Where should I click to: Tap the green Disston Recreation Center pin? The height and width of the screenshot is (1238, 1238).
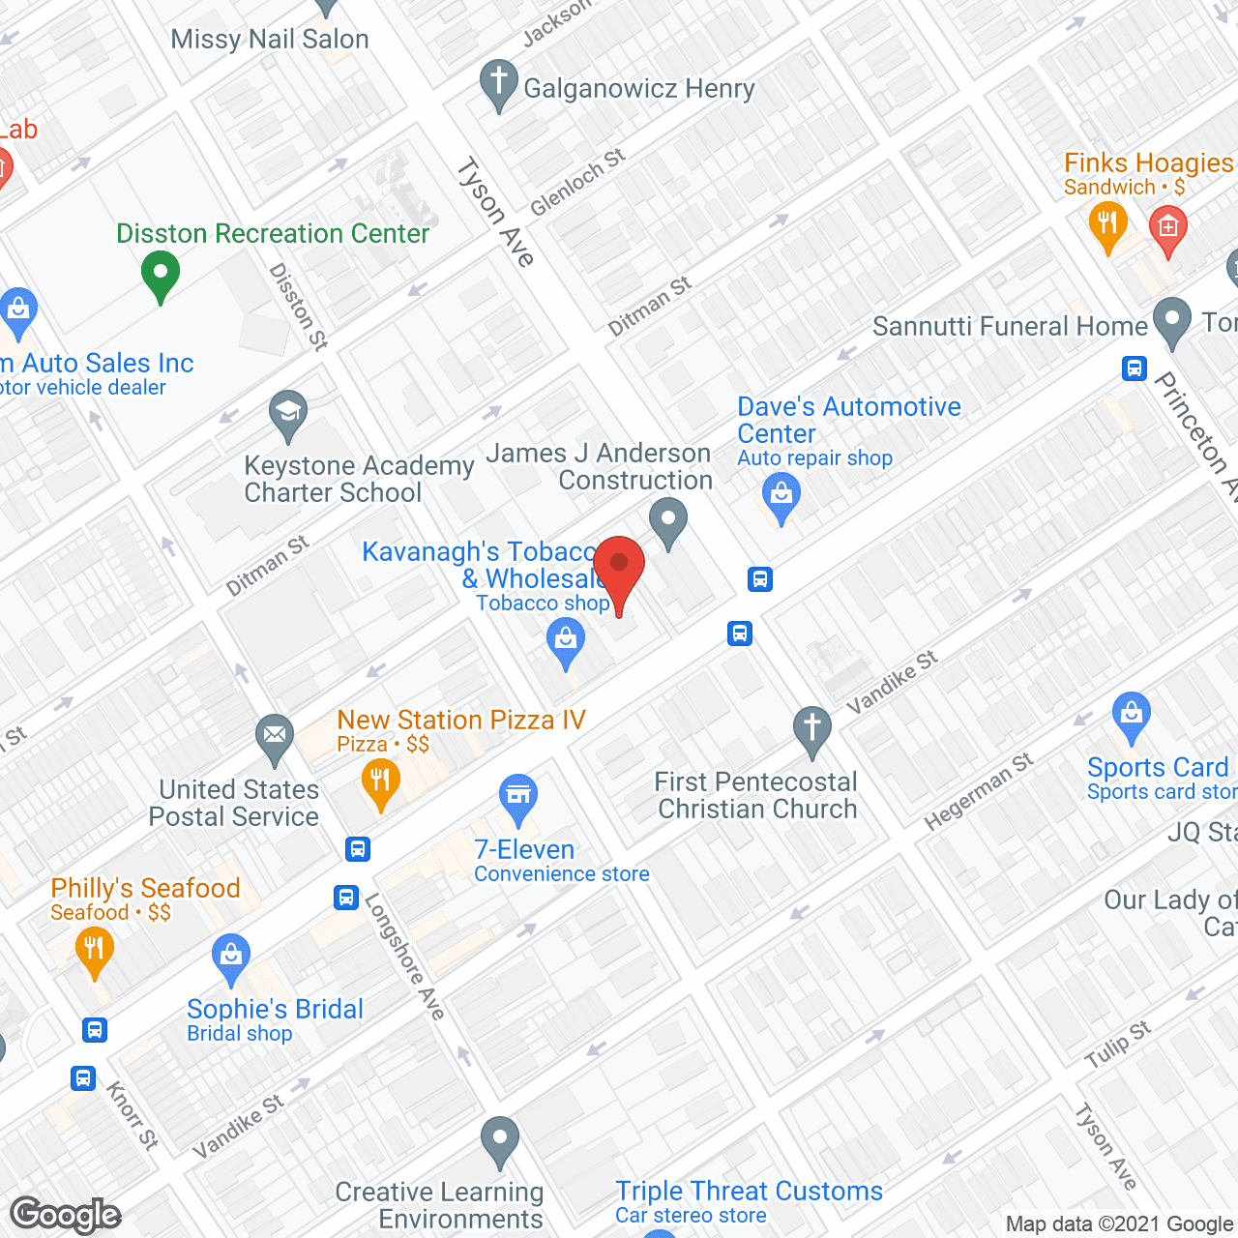coord(161,275)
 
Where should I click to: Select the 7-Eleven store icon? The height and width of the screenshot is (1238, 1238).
coord(518,798)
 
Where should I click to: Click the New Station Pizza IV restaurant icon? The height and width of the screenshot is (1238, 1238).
coord(380,782)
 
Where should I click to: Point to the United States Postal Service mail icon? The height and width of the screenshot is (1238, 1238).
coord(276,737)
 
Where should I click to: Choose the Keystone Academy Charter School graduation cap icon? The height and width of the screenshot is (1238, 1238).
coord(288,414)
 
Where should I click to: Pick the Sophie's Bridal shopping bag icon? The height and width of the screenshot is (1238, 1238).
coord(231,958)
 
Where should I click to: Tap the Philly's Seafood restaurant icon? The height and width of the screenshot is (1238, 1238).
coord(94,950)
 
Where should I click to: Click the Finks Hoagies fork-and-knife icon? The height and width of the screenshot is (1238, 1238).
coord(1107,225)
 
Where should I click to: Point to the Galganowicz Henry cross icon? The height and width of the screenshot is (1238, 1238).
coord(499,83)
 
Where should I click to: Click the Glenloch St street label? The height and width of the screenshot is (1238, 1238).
coord(577,182)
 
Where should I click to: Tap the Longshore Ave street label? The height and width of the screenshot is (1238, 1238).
coord(404,956)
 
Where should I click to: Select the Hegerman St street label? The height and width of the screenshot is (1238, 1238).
coord(978,791)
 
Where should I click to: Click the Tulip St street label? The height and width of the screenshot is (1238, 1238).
coord(1117,1044)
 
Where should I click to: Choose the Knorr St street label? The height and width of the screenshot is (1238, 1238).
coord(133,1114)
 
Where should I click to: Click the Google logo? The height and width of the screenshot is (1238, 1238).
coord(66,1215)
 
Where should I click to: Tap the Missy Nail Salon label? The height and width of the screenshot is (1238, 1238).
coord(270,40)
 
